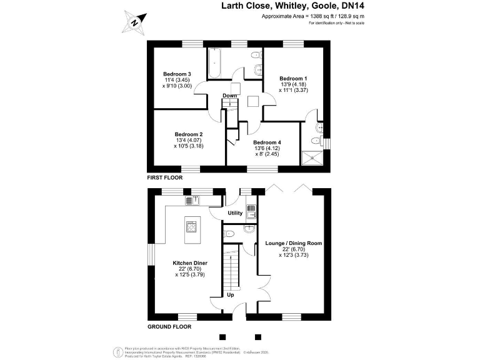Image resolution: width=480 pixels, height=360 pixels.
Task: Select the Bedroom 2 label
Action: click(189, 134)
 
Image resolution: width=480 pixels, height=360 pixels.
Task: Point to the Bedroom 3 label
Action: click(177, 74)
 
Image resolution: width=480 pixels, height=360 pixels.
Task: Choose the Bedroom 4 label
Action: click(267, 142)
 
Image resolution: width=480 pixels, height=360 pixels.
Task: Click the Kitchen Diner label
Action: click(190, 263)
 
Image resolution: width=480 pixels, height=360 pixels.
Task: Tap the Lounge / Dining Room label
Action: click(294, 242)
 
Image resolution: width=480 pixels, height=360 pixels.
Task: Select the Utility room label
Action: click(235, 213)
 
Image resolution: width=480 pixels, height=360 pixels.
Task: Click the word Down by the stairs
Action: click(230, 96)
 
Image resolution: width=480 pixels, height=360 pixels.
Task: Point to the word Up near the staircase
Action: click(230, 294)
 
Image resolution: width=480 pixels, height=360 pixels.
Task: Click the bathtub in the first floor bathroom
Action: click(213, 63)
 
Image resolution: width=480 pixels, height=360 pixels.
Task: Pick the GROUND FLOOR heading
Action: click(169, 326)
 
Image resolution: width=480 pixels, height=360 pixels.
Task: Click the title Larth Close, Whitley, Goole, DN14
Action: click(293, 7)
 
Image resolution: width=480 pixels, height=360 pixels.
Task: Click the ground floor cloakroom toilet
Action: click(230, 234)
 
